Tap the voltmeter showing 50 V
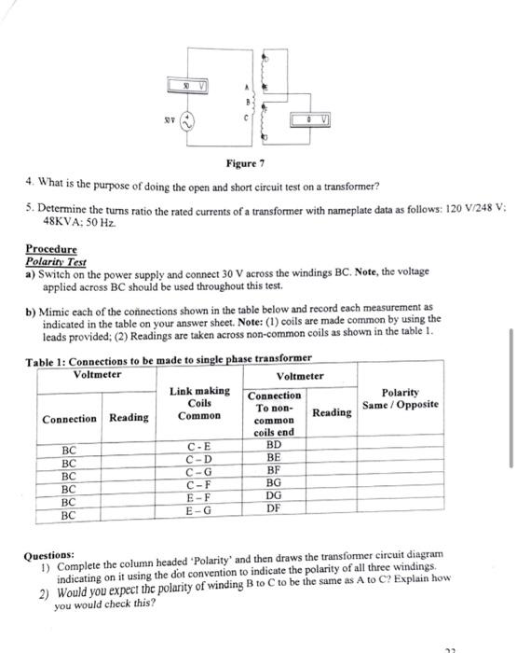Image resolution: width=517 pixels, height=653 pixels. (x=197, y=86)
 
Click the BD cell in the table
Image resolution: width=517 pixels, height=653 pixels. (x=274, y=447)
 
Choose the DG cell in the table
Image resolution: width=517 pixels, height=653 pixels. (x=274, y=498)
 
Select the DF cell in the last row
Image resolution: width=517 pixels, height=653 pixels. (x=274, y=511)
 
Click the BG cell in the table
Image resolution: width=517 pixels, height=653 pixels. (x=274, y=485)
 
